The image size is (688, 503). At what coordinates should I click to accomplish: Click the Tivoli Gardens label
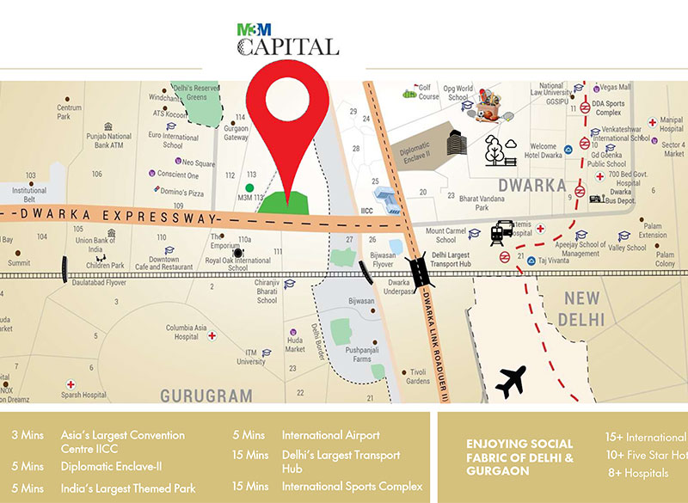417,377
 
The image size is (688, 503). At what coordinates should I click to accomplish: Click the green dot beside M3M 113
249,187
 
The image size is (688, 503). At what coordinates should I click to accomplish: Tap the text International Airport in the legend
330,436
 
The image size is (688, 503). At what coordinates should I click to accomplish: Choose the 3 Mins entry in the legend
28,436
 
